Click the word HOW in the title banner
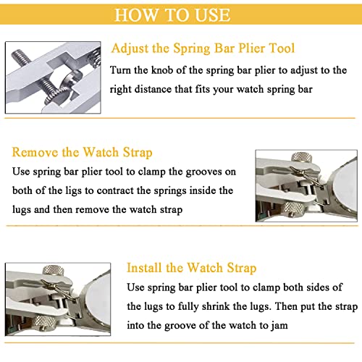(136, 15)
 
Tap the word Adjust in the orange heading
(130, 49)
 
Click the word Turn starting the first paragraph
(120, 70)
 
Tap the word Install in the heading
(144, 268)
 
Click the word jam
(279, 326)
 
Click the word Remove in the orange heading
(35, 153)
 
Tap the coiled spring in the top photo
(96, 56)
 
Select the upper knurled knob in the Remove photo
(302, 158)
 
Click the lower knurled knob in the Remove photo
(292, 209)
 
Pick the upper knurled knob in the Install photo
(54, 270)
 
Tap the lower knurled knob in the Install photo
(43, 323)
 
